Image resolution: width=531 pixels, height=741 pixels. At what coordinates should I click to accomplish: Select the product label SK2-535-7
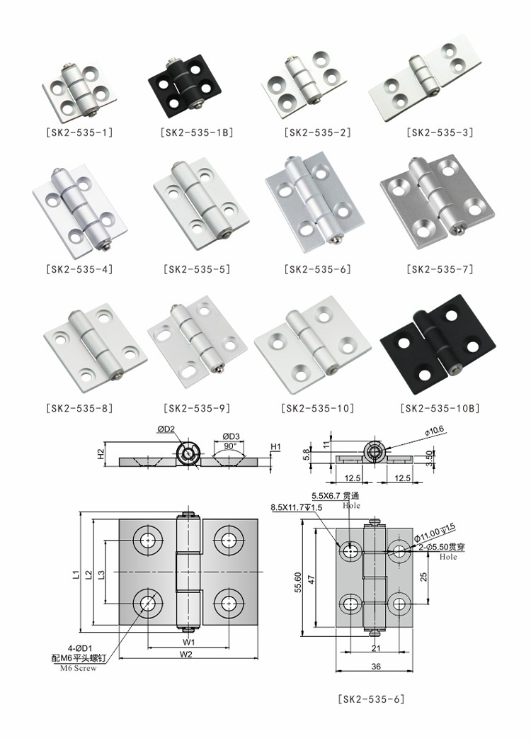(x=440, y=269)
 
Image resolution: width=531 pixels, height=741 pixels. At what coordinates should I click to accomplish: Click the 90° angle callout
(x=230, y=447)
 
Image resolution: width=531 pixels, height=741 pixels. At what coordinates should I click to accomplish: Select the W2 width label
(x=186, y=655)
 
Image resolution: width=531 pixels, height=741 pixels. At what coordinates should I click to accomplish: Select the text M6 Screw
(x=78, y=669)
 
